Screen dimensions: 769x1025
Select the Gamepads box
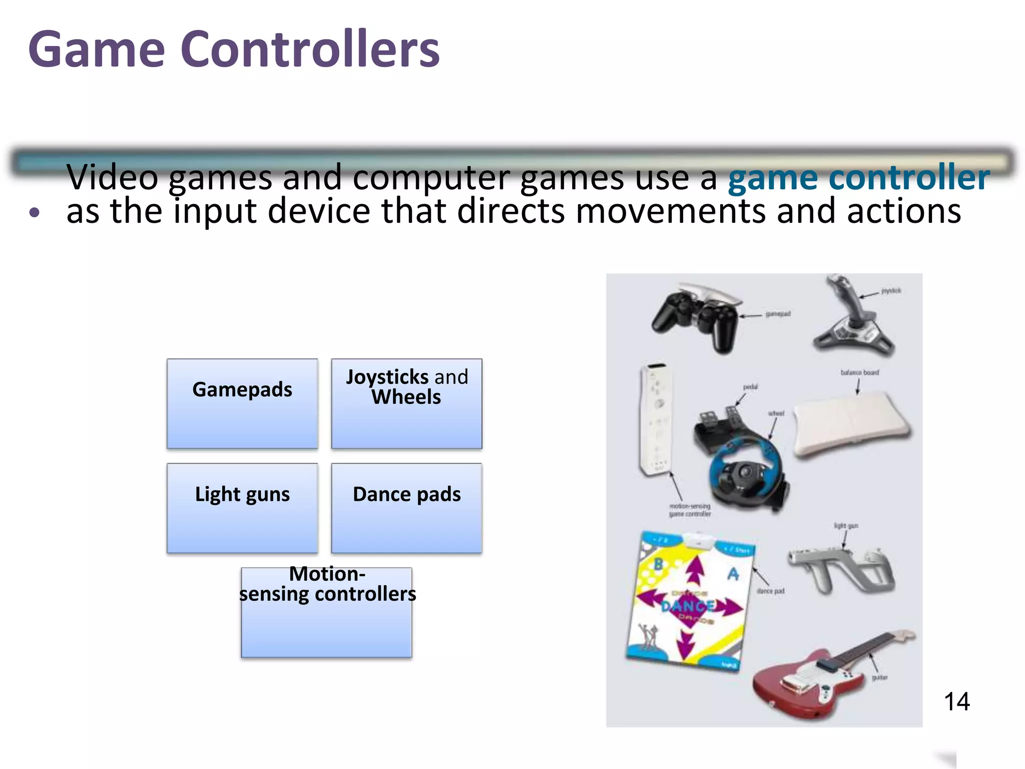tap(242, 403)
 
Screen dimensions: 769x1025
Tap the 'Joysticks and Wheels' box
tap(406, 403)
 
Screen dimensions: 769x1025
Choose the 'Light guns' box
tap(242, 508)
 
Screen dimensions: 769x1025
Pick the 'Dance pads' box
tap(406, 508)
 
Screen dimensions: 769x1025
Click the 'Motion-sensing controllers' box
tap(327, 612)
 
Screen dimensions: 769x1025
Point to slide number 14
tap(956, 701)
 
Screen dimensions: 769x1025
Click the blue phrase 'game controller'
tap(858, 177)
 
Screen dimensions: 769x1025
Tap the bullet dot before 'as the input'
tap(34, 213)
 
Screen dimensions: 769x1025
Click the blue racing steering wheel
tap(746, 471)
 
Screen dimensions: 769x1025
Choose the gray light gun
tap(841, 571)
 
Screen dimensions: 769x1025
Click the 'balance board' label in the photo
tap(859, 372)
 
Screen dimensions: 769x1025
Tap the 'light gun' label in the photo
tap(846, 526)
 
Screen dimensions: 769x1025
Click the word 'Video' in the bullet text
tap(113, 177)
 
